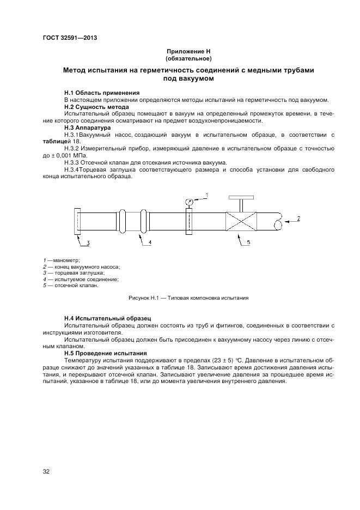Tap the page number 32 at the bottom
coord(46,471)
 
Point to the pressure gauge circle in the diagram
coord(189,202)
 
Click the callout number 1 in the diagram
coord(208,194)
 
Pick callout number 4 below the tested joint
coord(150,242)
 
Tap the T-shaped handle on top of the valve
coord(240,199)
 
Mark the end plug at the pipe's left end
coord(76,222)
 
